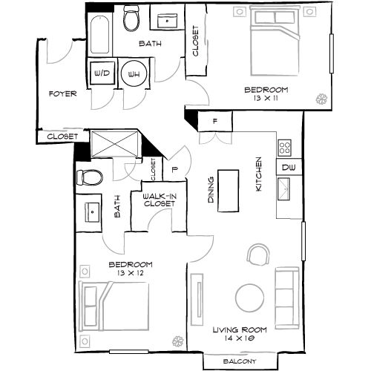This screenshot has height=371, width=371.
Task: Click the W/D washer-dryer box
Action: pyautogui.click(x=102, y=74)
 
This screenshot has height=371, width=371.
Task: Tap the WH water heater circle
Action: pyautogui.click(x=135, y=74)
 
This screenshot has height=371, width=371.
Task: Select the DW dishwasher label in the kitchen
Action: pyautogui.click(x=287, y=168)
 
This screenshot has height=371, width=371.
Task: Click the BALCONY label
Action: pyautogui.click(x=239, y=361)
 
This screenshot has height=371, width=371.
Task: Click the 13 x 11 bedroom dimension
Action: pyautogui.click(x=266, y=97)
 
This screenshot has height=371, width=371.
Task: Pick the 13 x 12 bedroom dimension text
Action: pyautogui.click(x=131, y=272)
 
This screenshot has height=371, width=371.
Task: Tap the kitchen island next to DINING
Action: pyautogui.click(x=229, y=190)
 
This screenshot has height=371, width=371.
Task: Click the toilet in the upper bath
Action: pyautogui.click(x=132, y=19)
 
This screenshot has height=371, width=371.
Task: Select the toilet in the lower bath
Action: pyautogui.click(x=88, y=178)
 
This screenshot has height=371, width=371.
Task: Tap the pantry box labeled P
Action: pyautogui.click(x=174, y=168)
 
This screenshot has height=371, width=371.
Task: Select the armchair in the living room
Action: pyautogui.click(x=257, y=256)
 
